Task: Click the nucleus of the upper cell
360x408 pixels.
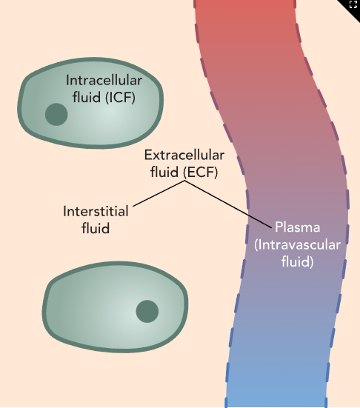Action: [56, 115]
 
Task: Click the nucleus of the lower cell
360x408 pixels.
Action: [147, 311]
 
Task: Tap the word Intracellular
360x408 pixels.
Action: [104, 81]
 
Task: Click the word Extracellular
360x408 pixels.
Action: [181, 156]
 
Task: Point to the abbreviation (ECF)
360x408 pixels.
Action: [201, 173]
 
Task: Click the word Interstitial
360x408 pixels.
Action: [96, 212]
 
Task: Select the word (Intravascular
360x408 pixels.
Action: [296, 244]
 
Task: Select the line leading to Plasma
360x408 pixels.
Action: [230, 204]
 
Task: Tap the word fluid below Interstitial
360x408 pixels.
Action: [96, 229]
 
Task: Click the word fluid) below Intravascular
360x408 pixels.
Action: [297, 261]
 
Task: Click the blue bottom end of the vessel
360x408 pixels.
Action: [276, 396]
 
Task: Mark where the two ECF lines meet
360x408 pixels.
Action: [184, 182]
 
